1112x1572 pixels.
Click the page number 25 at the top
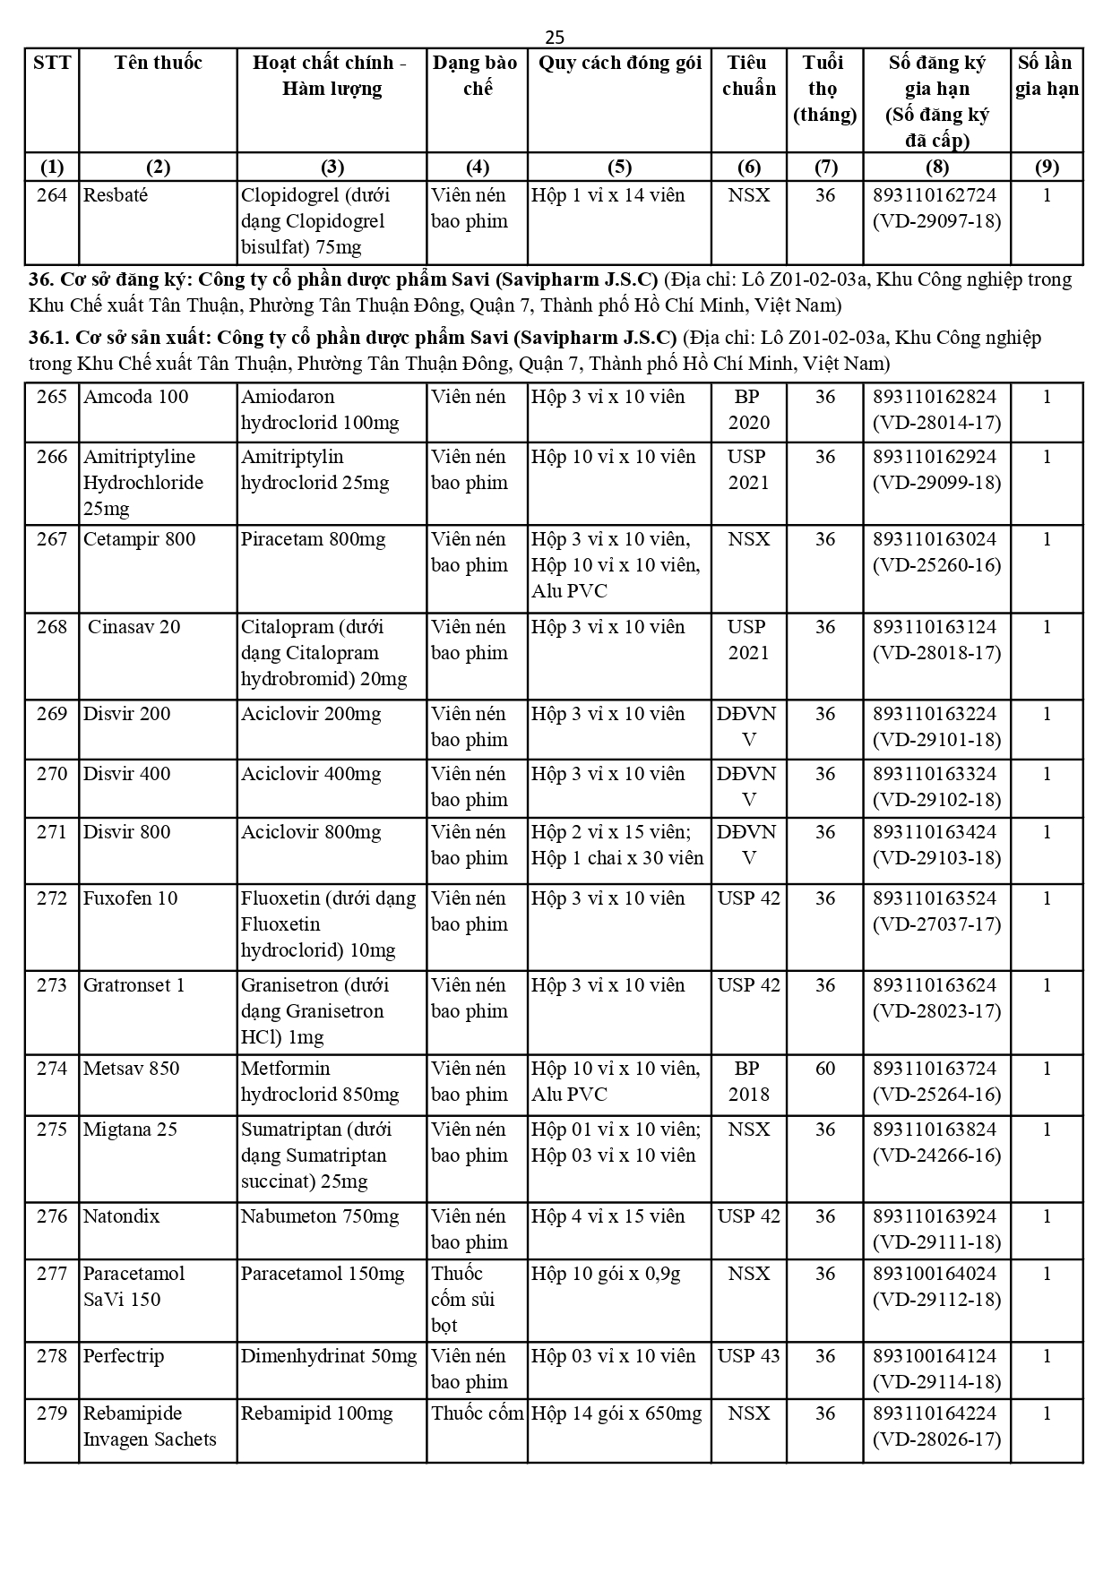pyautogui.click(x=555, y=37)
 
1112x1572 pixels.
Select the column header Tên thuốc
pyautogui.click(x=158, y=63)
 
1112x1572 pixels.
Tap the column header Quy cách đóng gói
pyautogui.click(x=619, y=63)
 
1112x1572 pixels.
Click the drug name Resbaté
pyautogui.click(x=116, y=195)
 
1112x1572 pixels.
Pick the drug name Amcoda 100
pyautogui.click(x=135, y=397)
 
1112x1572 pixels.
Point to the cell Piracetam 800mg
pyautogui.click(x=313, y=539)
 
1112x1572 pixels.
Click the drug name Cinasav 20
pyautogui.click(x=134, y=627)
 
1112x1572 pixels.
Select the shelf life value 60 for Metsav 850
pyautogui.click(x=824, y=1069)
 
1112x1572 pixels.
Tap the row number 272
pyautogui.click(x=52, y=898)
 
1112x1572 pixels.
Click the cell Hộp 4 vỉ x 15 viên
pyautogui.click(x=608, y=1216)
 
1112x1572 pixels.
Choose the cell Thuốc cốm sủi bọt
pyautogui.click(x=463, y=1299)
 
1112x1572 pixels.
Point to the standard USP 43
pyautogui.click(x=748, y=1356)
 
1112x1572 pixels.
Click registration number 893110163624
pyautogui.click(x=935, y=985)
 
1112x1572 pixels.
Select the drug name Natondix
pyautogui.click(x=121, y=1216)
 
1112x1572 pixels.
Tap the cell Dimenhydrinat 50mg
pyautogui.click(x=329, y=1356)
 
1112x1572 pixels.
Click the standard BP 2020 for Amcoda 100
pyautogui.click(x=748, y=409)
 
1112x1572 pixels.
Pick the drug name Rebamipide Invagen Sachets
pyautogui.click(x=150, y=1426)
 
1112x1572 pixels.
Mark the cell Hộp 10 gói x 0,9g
pyautogui.click(x=606, y=1274)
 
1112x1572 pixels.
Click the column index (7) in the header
pyautogui.click(x=824, y=167)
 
